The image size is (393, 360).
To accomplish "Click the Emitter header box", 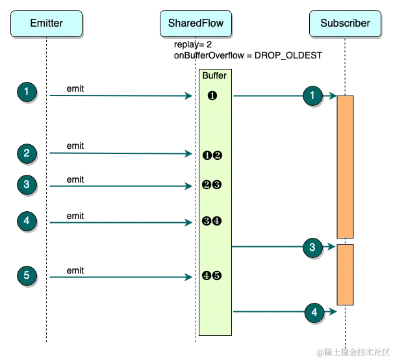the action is [x=46, y=23].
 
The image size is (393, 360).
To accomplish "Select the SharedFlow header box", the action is [x=196, y=23].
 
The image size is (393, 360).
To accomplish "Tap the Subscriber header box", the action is [x=345, y=23].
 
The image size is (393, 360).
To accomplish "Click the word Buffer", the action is [x=214, y=76].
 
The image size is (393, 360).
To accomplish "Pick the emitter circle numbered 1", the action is [x=26, y=92].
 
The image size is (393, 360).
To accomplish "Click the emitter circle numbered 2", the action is [x=26, y=153].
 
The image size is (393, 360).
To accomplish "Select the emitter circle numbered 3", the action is [x=26, y=185].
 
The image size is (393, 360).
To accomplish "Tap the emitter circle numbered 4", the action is [x=26, y=221].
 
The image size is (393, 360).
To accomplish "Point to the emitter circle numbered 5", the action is [x=26, y=276].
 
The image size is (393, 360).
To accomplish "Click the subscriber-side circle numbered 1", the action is [x=312, y=96].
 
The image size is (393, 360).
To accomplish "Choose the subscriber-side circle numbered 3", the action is [x=312, y=247].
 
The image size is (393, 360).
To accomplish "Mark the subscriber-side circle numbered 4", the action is [x=314, y=313].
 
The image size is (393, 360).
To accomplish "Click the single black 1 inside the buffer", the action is [x=212, y=96].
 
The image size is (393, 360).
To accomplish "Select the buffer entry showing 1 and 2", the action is [x=212, y=155].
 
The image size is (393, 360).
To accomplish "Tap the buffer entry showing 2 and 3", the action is [x=212, y=185].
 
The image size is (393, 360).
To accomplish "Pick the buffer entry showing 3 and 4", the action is [x=212, y=221].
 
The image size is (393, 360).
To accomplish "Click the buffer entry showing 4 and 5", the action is [x=212, y=276].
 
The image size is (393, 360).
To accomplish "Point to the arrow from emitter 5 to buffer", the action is [x=117, y=278].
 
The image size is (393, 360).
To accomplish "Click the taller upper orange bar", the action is [x=345, y=167].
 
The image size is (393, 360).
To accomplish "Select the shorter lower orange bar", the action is [x=345, y=274].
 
